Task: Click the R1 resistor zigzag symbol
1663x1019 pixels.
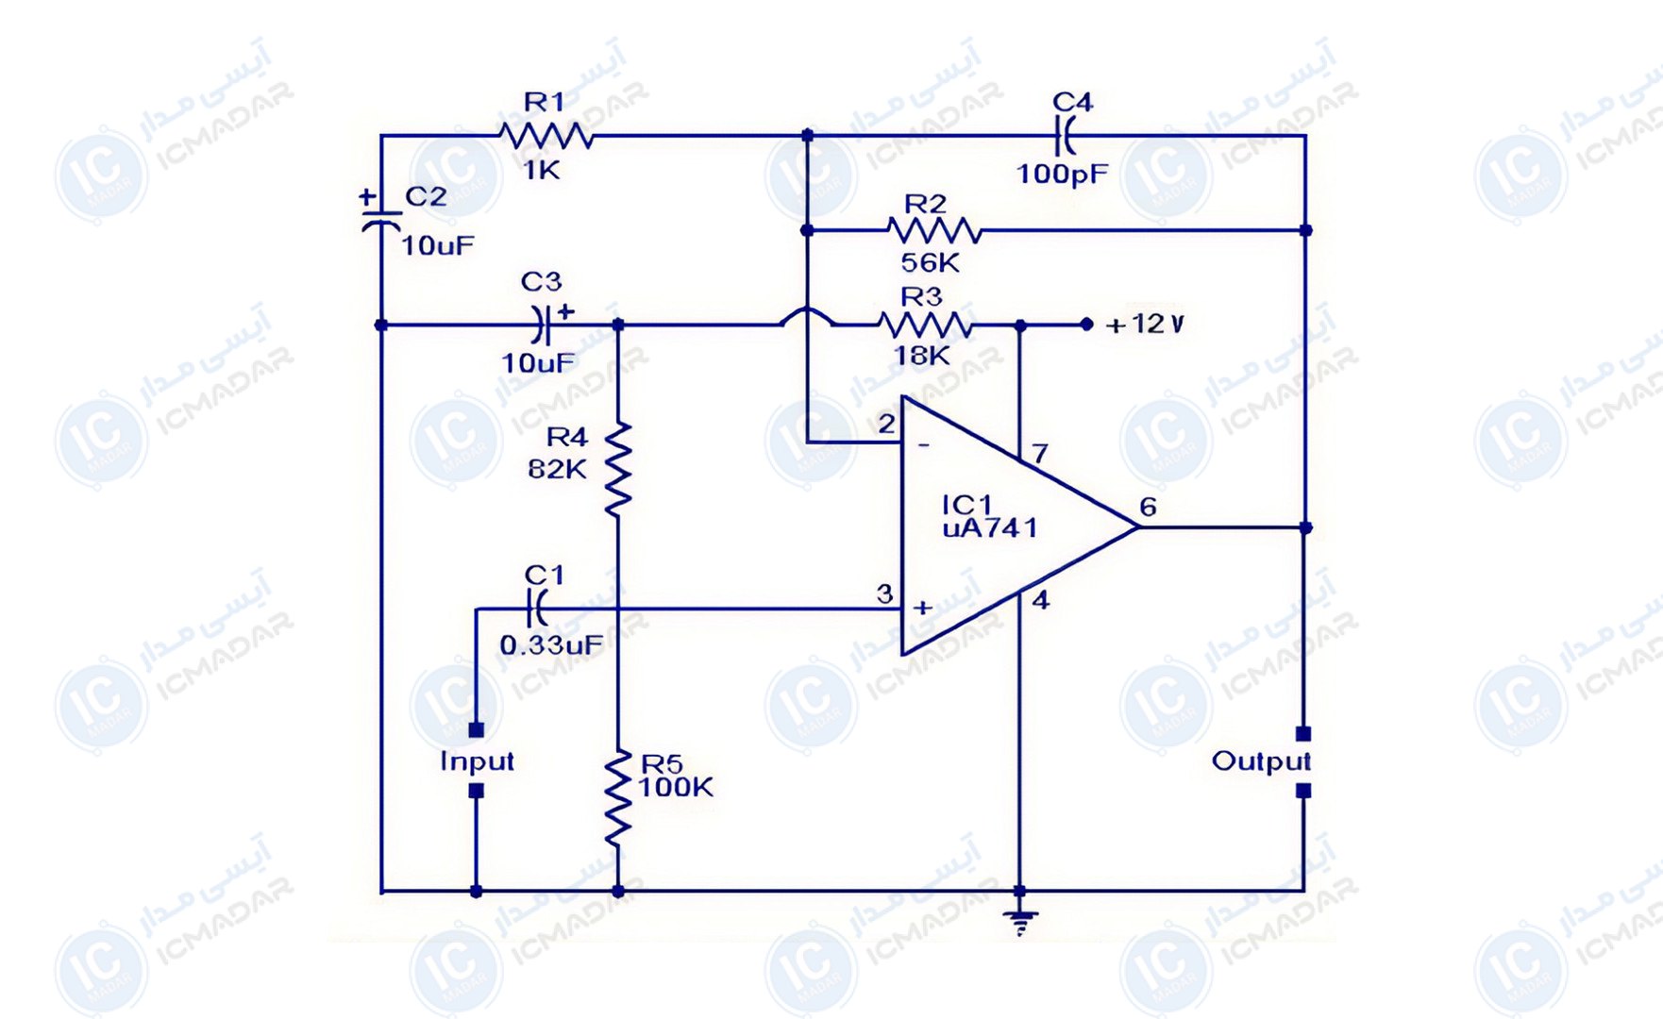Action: click(x=546, y=137)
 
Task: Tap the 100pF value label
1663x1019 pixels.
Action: click(x=1062, y=174)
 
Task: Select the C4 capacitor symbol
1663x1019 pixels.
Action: click(x=1065, y=136)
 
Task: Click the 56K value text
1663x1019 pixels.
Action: click(x=930, y=262)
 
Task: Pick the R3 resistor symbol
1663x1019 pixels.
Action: click(x=925, y=325)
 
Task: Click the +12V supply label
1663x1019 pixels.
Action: click(x=1145, y=325)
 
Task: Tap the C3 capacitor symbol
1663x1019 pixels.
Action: click(x=540, y=325)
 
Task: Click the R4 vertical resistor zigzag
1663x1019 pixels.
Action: click(x=617, y=469)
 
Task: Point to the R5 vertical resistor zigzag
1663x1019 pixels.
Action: click(x=617, y=797)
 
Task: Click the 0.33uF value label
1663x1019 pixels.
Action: click(x=551, y=645)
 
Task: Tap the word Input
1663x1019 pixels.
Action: click(x=477, y=761)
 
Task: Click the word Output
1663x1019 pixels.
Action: click(x=1260, y=761)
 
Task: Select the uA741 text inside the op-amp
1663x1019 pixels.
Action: click(x=989, y=528)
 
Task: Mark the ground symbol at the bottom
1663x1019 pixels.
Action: click(x=1019, y=921)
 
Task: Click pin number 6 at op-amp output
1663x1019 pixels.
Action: click(x=1148, y=508)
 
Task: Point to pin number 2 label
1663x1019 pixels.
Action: click(x=885, y=424)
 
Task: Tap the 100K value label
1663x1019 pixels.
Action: click(x=676, y=788)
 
